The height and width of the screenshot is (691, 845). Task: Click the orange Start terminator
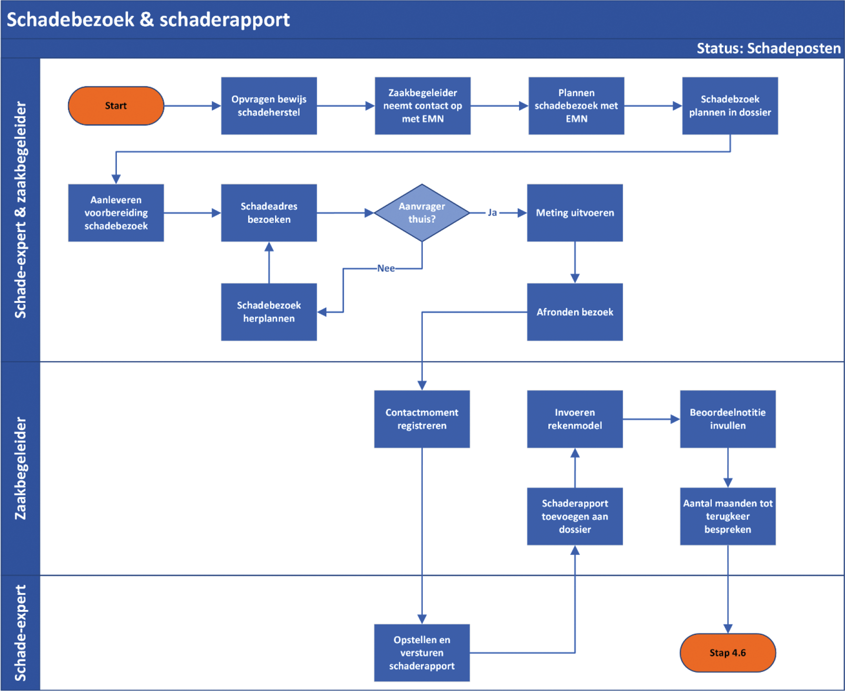point(116,106)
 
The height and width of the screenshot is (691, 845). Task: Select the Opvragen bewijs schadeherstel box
point(269,106)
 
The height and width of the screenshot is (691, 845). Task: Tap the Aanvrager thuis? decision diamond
point(422,213)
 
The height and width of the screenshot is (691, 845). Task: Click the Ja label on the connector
point(492,213)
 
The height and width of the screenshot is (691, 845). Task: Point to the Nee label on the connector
point(386,269)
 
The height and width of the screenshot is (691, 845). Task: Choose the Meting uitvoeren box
point(575,213)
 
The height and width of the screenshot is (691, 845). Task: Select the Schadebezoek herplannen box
point(269,312)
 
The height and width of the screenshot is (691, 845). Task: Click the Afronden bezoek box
point(575,312)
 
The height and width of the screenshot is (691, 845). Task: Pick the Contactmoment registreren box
point(422,419)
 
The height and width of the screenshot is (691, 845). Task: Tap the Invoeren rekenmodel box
point(575,419)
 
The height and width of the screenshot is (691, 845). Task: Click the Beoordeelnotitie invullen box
point(728,419)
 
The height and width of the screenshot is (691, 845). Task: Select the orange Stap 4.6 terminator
point(728,653)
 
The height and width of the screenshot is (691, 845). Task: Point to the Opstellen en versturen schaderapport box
point(422,653)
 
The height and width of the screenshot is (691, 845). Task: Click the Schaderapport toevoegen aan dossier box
point(575,516)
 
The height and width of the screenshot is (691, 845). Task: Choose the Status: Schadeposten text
point(768,49)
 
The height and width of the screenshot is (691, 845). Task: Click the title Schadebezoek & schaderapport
point(148,20)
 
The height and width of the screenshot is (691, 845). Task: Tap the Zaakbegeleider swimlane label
point(21,469)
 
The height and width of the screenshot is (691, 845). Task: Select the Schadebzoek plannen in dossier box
point(730,106)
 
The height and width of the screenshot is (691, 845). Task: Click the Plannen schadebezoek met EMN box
point(576,106)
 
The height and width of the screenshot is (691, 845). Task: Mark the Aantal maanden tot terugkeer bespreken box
point(728,516)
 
